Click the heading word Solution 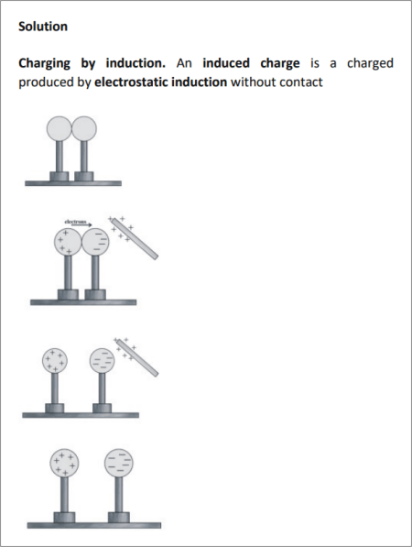(x=43, y=27)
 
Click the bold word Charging (x=44, y=63)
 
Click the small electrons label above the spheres (x=75, y=221)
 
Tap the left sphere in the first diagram (x=60, y=128)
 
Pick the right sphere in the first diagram (x=84, y=128)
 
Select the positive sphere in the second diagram (x=68, y=242)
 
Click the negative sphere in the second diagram (x=95, y=242)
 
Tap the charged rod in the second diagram (x=135, y=238)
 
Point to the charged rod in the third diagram (x=137, y=357)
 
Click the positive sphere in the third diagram (x=55, y=361)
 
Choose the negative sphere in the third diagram (x=102, y=361)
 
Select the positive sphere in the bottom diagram (x=64, y=463)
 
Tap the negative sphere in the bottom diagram (x=118, y=463)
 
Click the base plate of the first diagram (x=73, y=183)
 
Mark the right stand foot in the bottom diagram (x=118, y=518)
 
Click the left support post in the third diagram (x=55, y=388)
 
